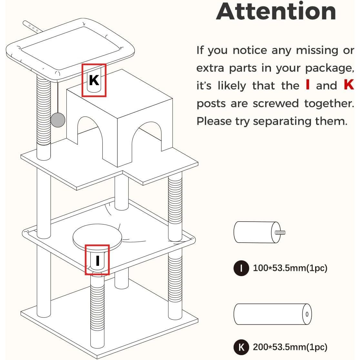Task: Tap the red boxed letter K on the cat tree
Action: point(94,80)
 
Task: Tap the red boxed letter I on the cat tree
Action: point(98,261)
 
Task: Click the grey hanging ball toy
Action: point(58,120)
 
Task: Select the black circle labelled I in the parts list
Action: point(241,268)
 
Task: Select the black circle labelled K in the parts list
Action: point(241,347)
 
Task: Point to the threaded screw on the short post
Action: point(280,233)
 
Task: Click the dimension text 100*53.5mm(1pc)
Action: point(290,268)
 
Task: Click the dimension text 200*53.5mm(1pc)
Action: point(290,347)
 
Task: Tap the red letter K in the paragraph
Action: point(349,85)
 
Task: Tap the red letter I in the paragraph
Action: point(308,85)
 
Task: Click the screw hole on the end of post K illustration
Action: point(307,314)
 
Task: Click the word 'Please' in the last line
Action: point(214,121)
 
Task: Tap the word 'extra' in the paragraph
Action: point(210,68)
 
